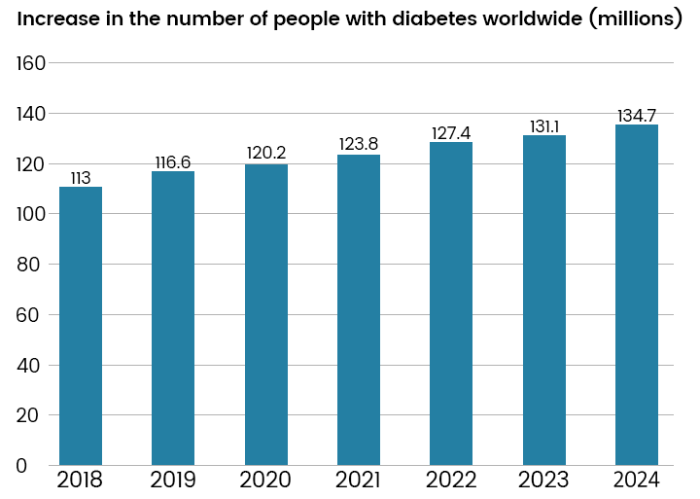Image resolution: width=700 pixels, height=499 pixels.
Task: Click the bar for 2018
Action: [81, 326]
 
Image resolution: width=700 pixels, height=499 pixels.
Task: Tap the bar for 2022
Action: [451, 303]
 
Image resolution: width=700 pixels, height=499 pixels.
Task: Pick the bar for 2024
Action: [637, 295]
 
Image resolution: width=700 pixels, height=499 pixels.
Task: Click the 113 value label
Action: [81, 178]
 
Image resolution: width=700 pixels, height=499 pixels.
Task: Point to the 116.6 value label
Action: [173, 162]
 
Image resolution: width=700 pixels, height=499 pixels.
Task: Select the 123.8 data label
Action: [359, 145]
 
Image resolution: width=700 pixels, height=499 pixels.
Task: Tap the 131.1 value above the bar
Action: [544, 126]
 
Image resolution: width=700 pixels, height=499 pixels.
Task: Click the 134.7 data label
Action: [637, 116]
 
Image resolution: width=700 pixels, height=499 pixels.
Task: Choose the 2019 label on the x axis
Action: [173, 481]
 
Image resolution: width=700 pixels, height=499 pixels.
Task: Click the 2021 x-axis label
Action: [359, 481]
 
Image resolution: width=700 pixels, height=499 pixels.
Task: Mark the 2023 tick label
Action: [544, 481]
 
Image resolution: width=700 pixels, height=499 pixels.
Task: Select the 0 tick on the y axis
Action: [21, 466]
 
